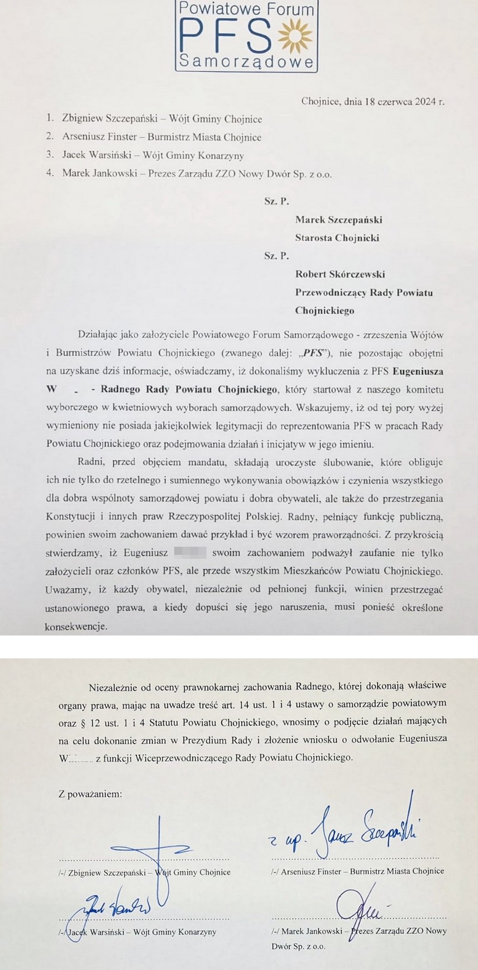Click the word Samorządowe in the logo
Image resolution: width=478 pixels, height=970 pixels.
246,61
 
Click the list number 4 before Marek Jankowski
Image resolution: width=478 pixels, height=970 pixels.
50,173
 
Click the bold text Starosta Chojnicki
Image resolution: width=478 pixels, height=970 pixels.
337,238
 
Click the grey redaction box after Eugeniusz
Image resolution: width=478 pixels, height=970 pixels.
190,553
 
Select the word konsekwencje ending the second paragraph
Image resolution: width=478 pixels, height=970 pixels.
76,627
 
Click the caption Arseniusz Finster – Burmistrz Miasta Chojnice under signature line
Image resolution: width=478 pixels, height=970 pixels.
357,871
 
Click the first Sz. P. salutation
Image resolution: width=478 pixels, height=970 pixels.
276,201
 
